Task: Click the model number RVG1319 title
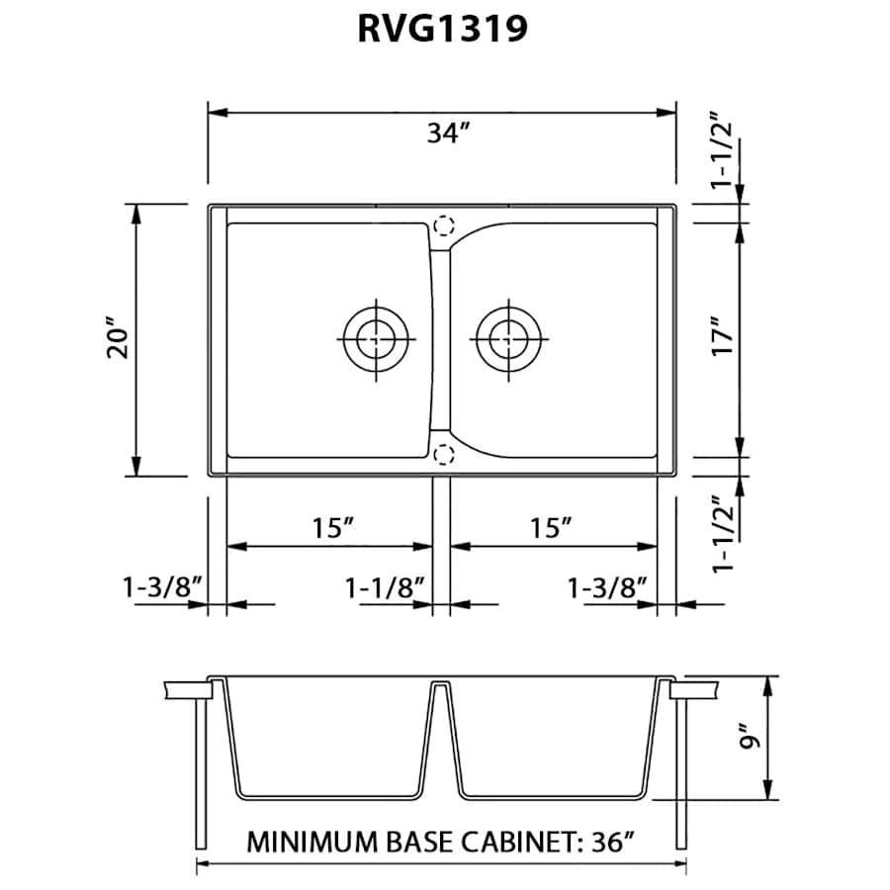tap(441, 31)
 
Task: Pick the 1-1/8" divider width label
tap(385, 587)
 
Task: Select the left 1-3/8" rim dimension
tap(163, 587)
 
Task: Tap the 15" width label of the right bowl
tap(554, 527)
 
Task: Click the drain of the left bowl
tap(375, 339)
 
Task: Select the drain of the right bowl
tap(507, 339)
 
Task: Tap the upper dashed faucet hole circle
tap(444, 225)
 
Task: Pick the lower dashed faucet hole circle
tap(444, 454)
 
